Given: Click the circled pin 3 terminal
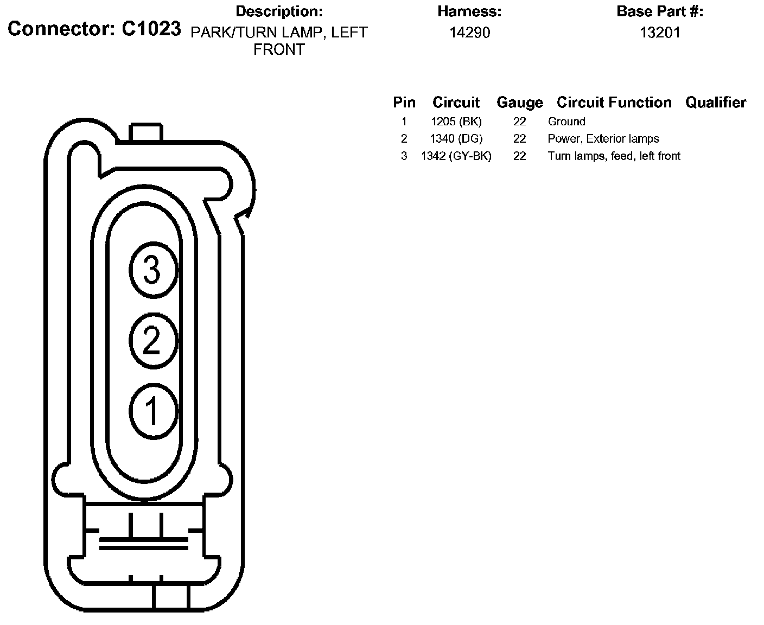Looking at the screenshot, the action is (154, 270).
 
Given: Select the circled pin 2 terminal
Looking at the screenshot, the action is (154, 341).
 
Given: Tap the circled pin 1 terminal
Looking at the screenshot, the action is (154, 412).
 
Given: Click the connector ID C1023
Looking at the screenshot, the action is (151, 29).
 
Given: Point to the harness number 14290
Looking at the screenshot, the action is (469, 33).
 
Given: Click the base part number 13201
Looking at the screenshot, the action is (660, 33).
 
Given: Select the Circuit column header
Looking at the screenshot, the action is (456, 103).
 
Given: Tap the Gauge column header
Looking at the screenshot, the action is (520, 103).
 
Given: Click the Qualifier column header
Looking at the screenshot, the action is (716, 103).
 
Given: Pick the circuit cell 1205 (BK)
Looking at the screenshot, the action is (456, 122).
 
